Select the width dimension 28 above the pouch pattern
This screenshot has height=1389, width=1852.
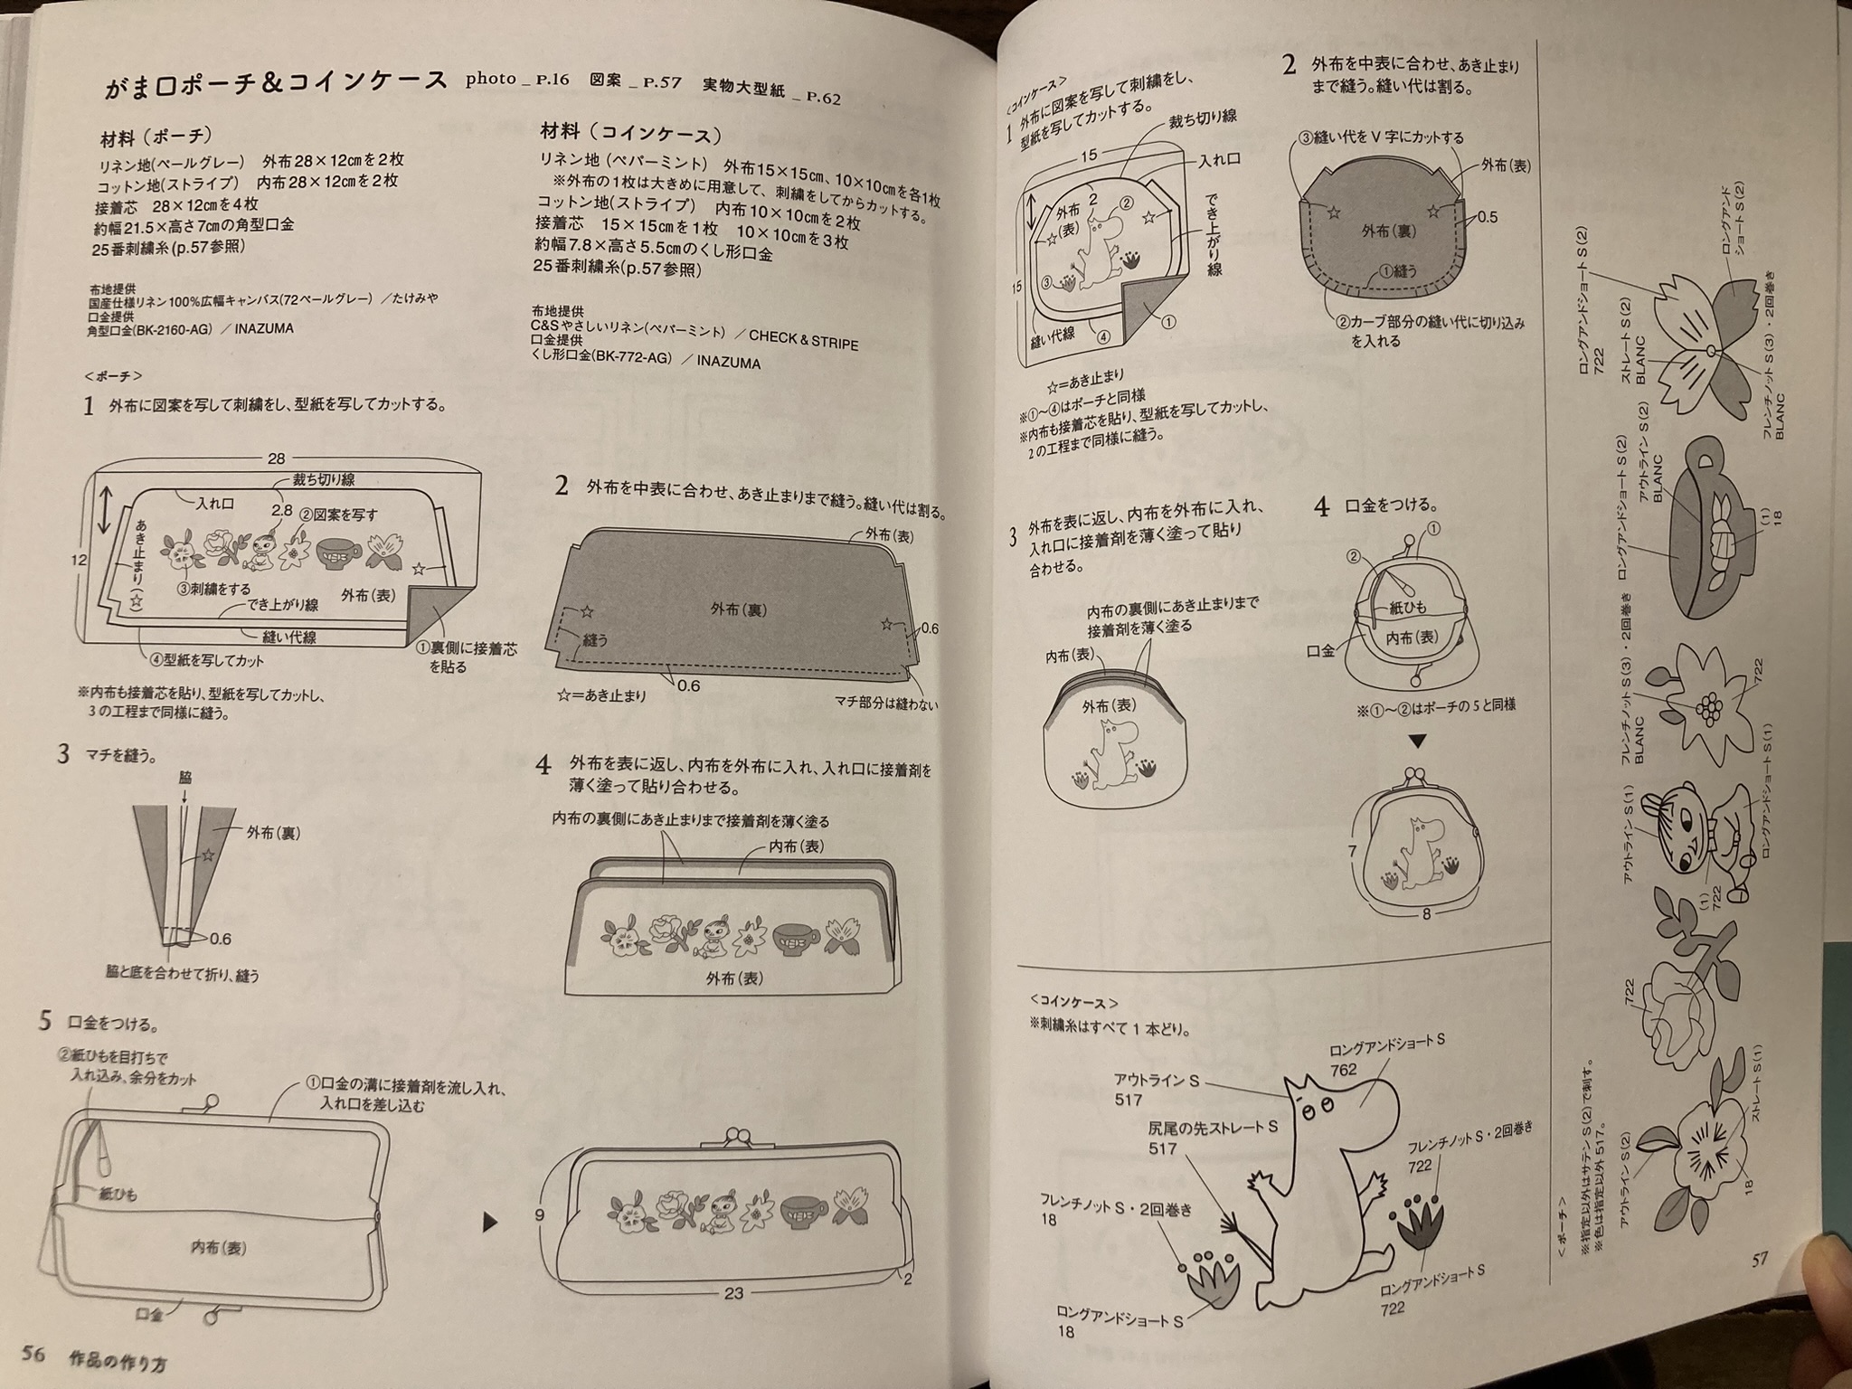278,458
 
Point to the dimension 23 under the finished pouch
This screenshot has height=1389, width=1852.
733,1293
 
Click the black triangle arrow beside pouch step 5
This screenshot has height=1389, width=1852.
491,1223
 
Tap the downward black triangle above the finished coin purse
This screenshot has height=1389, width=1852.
1418,741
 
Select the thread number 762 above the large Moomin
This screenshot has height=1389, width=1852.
1344,1069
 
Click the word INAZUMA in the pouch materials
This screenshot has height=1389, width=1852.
264,329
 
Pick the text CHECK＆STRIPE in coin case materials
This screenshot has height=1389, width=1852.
803,339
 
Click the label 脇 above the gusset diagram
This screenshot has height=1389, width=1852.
185,778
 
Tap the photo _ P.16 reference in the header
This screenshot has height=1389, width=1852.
517,80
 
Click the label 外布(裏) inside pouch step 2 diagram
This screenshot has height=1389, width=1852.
739,609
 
